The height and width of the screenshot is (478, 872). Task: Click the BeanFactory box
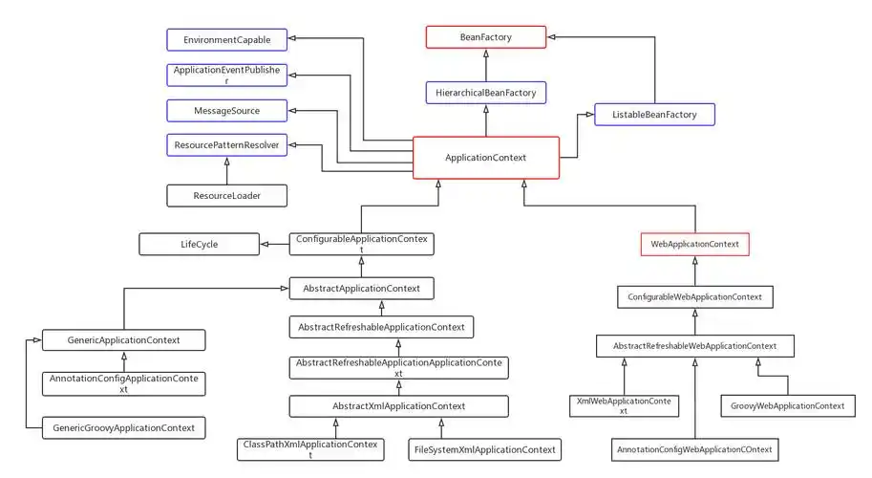[485, 37]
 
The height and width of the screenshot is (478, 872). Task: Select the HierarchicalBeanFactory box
[485, 93]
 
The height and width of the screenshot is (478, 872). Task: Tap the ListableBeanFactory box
[654, 115]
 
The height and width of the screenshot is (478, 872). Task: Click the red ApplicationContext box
[485, 157]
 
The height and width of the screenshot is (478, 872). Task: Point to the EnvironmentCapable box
[226, 39]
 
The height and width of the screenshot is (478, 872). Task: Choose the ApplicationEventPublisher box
[226, 76]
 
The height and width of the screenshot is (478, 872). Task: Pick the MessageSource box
[226, 111]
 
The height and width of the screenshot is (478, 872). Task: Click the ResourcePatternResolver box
[226, 145]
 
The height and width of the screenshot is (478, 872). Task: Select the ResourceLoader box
[226, 195]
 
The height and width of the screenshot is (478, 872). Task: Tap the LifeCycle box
[199, 245]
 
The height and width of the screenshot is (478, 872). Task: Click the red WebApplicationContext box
[694, 245]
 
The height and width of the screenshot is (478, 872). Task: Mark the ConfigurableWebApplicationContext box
[694, 297]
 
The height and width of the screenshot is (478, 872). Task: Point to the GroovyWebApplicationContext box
[787, 405]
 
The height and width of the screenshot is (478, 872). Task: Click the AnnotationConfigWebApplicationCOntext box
[694, 448]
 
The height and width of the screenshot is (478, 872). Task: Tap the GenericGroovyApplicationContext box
[123, 427]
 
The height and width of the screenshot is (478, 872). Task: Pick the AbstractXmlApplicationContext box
[398, 406]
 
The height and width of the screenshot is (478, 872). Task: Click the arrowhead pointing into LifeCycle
[265, 245]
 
